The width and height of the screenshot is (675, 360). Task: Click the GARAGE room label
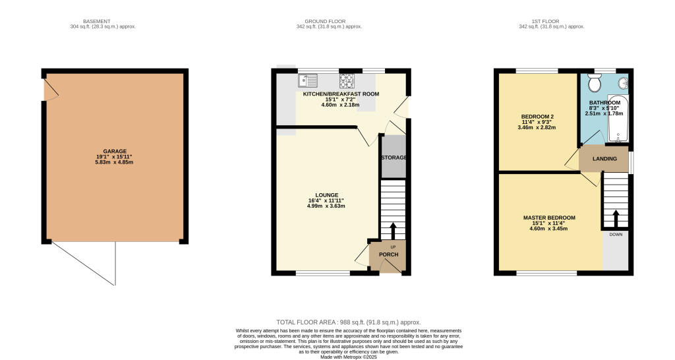[x=115, y=151]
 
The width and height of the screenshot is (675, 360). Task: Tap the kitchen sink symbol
[x=307, y=80]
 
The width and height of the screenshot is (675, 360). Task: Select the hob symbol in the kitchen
[x=347, y=80]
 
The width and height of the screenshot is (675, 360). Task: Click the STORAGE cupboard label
[x=393, y=158]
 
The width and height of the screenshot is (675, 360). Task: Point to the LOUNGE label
[x=327, y=195]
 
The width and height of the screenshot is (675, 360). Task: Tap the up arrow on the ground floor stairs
[x=393, y=231]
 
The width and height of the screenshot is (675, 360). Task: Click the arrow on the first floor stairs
[x=616, y=218]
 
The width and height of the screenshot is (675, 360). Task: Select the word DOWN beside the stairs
[x=616, y=234]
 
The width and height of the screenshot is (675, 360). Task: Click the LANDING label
[x=604, y=159]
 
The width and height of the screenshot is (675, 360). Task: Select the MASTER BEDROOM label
[x=549, y=218]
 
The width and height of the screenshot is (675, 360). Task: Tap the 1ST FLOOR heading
[x=552, y=21]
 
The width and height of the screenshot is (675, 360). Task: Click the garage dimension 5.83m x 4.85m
[x=115, y=162]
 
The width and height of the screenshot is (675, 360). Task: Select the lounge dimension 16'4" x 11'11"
[x=327, y=200]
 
